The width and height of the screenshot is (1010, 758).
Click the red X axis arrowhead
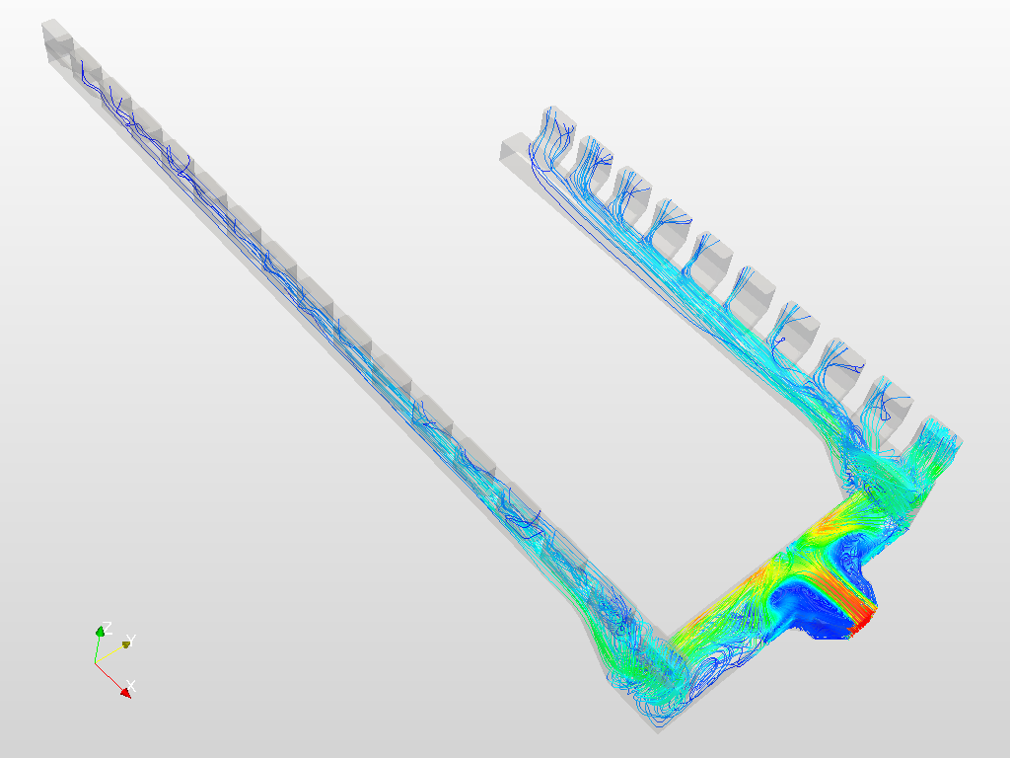tap(126, 692)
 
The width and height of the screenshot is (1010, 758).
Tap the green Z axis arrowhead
tap(100, 632)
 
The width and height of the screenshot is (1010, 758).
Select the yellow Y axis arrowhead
tap(126, 644)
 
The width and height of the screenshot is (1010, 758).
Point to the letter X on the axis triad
tap(131, 685)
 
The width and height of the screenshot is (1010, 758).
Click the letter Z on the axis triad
tap(108, 627)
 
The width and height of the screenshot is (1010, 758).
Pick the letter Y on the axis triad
tap(131, 640)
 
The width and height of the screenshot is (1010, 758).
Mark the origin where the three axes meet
tap(96, 662)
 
